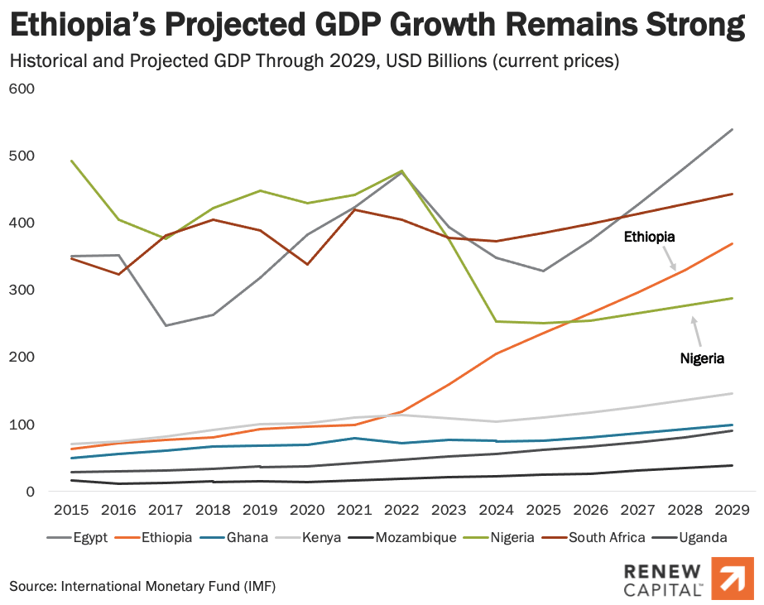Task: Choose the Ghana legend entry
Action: tap(249, 537)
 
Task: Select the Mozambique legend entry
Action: tap(415, 537)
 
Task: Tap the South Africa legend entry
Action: tap(608, 537)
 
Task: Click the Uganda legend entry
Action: tap(704, 537)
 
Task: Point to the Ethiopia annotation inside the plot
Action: tap(649, 237)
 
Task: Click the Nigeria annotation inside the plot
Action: tap(702, 358)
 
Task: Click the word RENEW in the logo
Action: tap(662, 571)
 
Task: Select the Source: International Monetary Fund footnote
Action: tap(142, 586)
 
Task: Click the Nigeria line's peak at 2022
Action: tap(402, 171)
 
